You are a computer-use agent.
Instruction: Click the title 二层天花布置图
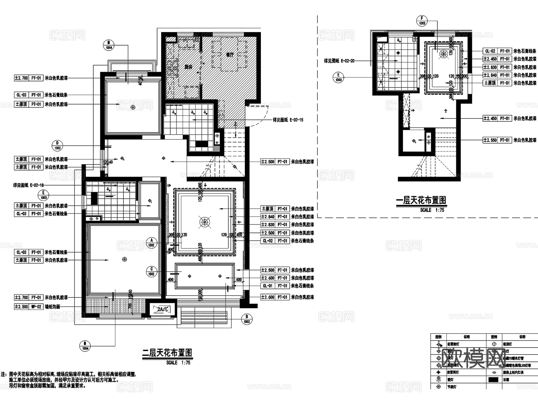click(x=167, y=353)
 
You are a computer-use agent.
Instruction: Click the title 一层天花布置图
click(x=421, y=200)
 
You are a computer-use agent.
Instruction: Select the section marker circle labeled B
click(x=247, y=319)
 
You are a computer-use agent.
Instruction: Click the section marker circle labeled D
click(x=57, y=145)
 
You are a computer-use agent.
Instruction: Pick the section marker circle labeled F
click(x=422, y=21)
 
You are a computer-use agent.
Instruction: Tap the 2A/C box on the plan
click(x=163, y=309)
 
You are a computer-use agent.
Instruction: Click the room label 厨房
click(x=188, y=67)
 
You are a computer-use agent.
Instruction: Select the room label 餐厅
click(x=230, y=55)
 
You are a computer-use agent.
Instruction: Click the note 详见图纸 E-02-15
click(x=288, y=120)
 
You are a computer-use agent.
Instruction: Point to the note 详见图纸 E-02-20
click(x=339, y=61)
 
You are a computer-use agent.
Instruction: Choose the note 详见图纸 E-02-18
click(x=28, y=185)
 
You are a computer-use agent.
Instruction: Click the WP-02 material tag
click(x=36, y=307)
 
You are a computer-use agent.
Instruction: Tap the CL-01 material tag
click(x=268, y=286)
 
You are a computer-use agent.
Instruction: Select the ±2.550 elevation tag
click(x=490, y=140)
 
